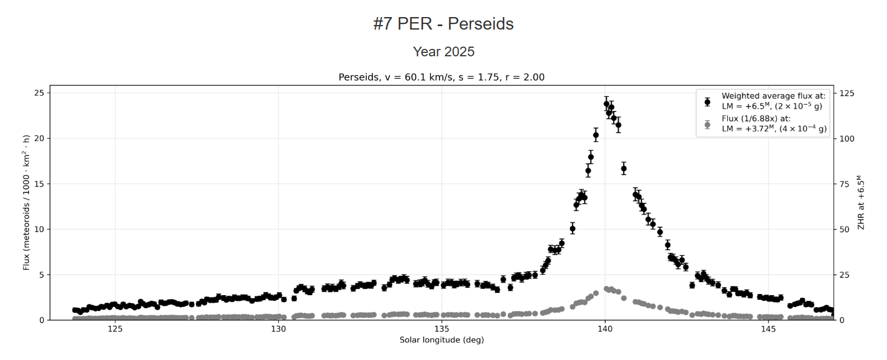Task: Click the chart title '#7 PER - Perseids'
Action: pos(443,24)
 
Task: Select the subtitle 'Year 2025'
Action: pos(443,52)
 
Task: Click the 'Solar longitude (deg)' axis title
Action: pos(442,340)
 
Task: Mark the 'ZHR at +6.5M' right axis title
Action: pos(861,202)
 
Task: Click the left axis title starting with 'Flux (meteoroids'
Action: pos(26,202)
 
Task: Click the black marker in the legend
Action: pos(707,102)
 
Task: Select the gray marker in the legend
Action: pos(707,125)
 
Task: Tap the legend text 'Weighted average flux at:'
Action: pos(773,96)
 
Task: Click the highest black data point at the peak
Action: pos(607,104)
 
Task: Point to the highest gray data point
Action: pos(607,288)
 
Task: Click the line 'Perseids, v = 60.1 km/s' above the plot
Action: pos(442,77)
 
